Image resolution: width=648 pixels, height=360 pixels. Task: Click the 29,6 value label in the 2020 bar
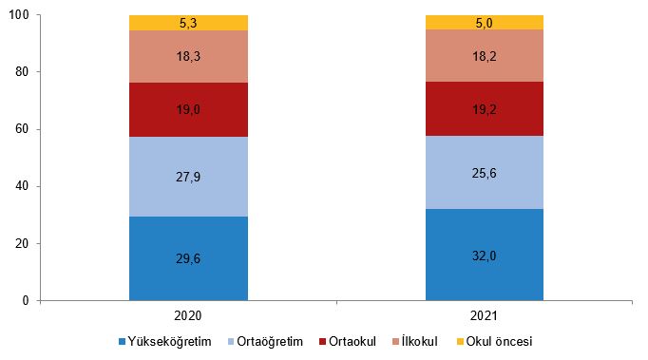click(188, 258)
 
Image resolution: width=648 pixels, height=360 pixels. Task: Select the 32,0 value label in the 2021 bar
click(484, 256)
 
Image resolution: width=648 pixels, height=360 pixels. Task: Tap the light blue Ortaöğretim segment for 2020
click(188, 177)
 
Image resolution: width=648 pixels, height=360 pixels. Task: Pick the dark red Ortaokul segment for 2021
click(485, 108)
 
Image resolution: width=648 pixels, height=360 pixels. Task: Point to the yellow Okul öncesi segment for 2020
click(188, 23)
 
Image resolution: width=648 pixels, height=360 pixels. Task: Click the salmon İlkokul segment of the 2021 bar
click(485, 55)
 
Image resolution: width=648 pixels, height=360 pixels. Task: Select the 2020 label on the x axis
click(188, 315)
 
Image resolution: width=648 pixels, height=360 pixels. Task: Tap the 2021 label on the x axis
click(484, 315)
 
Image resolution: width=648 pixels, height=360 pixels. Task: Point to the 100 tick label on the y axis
click(19, 15)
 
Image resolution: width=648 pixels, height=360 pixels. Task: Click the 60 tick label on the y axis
click(22, 129)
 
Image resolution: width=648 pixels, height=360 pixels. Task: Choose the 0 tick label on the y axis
click(26, 300)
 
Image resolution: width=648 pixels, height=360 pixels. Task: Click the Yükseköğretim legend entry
click(165, 341)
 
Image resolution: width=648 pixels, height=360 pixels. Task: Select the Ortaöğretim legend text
click(270, 341)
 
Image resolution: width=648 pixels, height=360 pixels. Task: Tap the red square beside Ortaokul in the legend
click(322, 342)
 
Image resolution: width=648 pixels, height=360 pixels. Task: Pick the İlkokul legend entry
click(414, 341)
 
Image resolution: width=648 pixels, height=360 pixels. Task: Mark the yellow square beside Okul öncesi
click(460, 342)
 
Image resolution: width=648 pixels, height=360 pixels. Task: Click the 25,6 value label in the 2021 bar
click(484, 173)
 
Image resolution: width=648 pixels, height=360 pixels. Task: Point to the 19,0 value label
click(188, 109)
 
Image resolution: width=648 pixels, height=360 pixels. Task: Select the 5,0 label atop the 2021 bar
click(484, 23)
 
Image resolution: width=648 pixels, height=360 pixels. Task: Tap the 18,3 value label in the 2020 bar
click(188, 56)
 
